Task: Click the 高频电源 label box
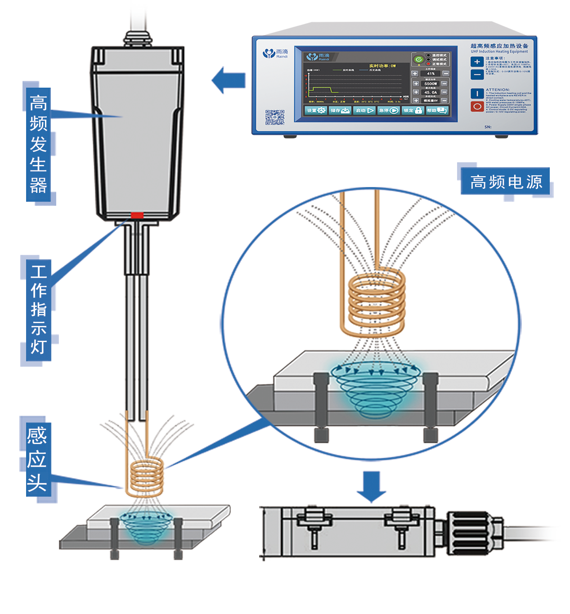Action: pos(506,182)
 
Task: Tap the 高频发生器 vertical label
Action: pos(38,144)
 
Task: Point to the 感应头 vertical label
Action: pos(37,459)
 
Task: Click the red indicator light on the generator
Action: pos(137,215)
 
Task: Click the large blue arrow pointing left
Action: pos(229,80)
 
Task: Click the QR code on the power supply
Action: pos(274,117)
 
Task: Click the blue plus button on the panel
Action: pos(477,62)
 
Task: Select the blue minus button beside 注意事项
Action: pos(477,74)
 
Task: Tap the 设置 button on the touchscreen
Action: pos(316,111)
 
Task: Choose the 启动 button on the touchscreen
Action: pos(364,111)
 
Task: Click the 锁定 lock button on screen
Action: pos(413,111)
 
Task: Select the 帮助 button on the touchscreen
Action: pos(436,111)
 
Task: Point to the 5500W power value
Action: pos(430,84)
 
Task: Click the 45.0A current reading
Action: pos(430,92)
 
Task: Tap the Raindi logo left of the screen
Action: pos(275,54)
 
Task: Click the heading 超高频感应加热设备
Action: pos(499,46)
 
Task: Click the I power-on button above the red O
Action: pos(477,93)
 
